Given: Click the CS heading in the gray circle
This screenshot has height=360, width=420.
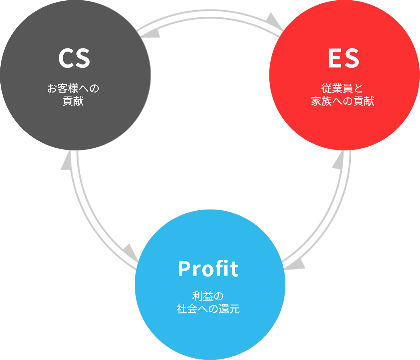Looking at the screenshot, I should [x=74, y=59].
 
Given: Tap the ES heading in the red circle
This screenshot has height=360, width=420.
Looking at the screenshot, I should [x=344, y=59].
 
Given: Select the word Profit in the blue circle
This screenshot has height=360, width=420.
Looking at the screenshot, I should [x=208, y=269].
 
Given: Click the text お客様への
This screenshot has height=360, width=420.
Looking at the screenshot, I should [x=73, y=88].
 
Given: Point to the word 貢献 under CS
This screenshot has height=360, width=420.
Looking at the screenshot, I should [x=73, y=101].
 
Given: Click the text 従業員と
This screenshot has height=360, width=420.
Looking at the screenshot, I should [x=342, y=88].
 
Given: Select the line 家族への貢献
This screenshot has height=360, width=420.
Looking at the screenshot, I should [x=342, y=101].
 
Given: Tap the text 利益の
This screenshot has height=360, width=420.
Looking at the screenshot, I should [x=208, y=296].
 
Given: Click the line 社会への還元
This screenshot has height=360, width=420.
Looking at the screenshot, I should [x=208, y=309].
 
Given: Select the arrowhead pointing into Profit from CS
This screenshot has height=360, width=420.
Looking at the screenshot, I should [x=130, y=252].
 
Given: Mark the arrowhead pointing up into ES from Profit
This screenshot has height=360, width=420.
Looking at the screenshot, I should [x=339, y=161].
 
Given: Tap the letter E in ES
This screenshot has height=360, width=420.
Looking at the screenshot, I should [x=334, y=59].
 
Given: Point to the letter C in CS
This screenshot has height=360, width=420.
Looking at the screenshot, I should [x=66, y=59].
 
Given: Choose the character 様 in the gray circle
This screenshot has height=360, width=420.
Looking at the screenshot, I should [x=73, y=88].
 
